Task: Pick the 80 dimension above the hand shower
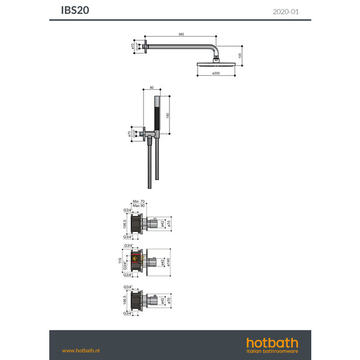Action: click(152, 87)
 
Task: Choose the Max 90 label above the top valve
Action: click(137, 207)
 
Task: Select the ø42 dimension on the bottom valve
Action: click(162, 301)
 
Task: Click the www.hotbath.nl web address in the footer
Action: click(80, 350)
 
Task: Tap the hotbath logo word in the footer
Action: click(272, 343)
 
